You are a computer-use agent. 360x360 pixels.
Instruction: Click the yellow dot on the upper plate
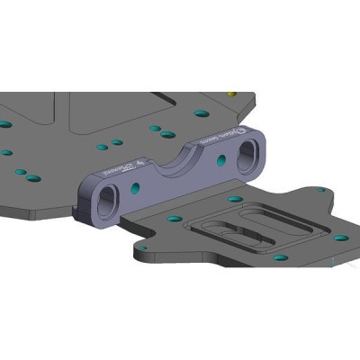coord(231,92)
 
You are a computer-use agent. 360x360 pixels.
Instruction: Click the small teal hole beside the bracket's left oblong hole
coord(136,187)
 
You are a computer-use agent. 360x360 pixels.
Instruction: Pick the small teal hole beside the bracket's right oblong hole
coord(221,160)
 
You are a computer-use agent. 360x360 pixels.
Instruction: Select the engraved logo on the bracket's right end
coord(214,140)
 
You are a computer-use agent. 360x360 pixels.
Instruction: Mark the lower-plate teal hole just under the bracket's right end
coord(235,198)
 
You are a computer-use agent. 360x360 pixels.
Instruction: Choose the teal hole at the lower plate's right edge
coord(341,238)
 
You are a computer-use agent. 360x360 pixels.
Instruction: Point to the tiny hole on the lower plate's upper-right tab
coord(321,190)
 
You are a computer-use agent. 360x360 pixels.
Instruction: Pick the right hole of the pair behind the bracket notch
coord(167,134)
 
